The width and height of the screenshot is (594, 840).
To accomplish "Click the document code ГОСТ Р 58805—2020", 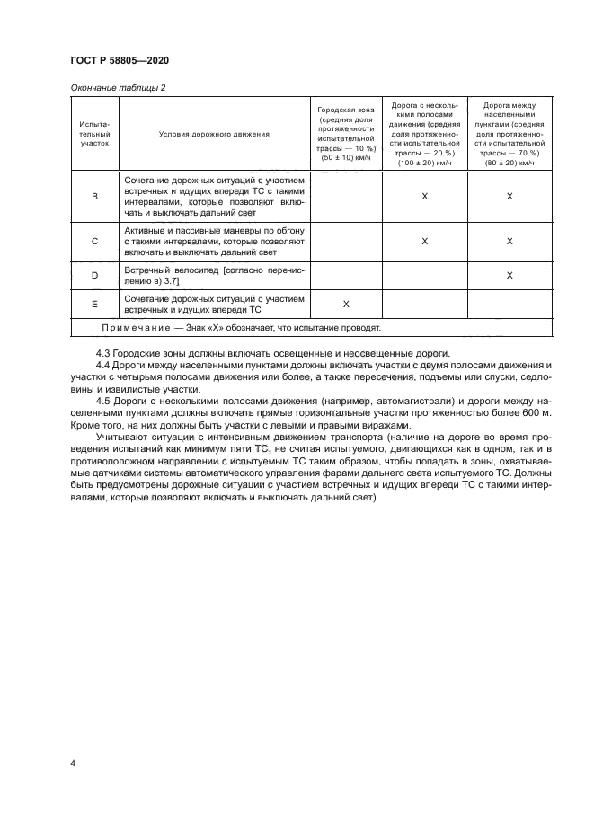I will coord(120,60).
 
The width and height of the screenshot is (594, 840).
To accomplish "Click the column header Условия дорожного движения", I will coord(214,134).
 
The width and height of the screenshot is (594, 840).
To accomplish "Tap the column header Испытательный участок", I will coord(94,134).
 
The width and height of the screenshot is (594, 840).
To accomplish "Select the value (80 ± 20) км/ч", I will coord(509,163).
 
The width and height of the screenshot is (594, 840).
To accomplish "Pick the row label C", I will coord(95,242).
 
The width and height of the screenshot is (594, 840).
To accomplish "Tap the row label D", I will coord(95,275).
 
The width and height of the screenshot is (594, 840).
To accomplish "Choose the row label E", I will coord(95,304).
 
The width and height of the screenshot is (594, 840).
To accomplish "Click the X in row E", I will coord(346,304).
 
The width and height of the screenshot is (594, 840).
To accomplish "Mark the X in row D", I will coord(509,275).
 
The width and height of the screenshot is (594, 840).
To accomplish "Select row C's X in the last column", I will coord(509,242).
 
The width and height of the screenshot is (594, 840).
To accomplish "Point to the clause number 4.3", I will coord(103,351).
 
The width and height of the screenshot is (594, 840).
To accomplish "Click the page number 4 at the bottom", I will coord(73,764).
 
